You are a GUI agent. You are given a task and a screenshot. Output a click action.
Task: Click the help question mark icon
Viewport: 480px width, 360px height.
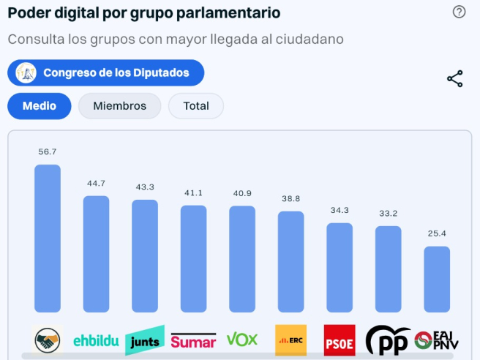(x=459, y=12)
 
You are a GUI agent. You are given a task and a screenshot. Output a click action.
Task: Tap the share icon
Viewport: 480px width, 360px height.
(x=455, y=79)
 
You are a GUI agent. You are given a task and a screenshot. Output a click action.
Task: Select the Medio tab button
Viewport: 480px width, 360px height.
(x=40, y=106)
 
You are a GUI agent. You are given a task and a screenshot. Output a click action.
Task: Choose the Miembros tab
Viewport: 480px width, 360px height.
(x=119, y=106)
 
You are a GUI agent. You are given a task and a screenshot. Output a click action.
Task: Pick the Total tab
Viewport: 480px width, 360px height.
(x=196, y=106)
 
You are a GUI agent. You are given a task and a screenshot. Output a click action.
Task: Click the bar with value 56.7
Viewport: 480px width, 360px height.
(x=48, y=239)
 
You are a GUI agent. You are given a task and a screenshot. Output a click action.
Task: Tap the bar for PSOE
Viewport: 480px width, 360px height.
(x=340, y=268)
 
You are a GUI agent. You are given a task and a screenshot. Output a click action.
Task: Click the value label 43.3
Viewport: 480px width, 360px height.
(x=145, y=187)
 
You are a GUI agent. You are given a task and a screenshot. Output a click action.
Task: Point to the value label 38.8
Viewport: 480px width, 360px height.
(x=290, y=198)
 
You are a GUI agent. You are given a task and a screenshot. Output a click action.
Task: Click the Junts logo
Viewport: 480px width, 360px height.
(x=144, y=341)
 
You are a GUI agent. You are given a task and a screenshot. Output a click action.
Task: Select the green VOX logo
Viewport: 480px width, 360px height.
(x=242, y=340)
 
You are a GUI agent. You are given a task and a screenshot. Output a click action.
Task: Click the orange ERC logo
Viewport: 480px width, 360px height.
(x=290, y=340)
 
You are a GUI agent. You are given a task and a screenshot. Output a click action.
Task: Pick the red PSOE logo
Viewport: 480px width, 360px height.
(x=340, y=341)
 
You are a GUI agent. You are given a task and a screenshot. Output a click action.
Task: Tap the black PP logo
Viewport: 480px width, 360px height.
(x=388, y=341)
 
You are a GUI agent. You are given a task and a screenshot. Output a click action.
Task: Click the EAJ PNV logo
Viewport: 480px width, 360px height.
(x=437, y=340)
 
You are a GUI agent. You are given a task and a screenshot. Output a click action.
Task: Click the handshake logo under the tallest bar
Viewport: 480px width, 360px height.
(x=48, y=340)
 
